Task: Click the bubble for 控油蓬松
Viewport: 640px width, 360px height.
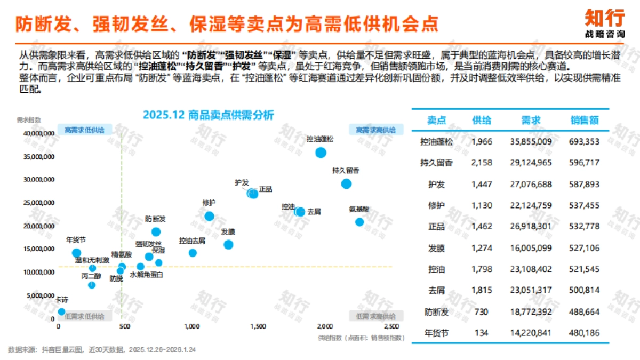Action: pyautogui.click(x=321, y=153)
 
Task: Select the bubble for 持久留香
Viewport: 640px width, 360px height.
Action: pyautogui.click(x=346, y=184)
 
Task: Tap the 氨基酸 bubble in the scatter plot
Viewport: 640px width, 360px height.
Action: pyautogui.click(x=359, y=222)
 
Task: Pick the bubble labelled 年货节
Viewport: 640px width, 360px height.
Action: pyautogui.click(x=76, y=253)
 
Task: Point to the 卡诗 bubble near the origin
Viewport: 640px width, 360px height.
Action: pyautogui.click(x=61, y=311)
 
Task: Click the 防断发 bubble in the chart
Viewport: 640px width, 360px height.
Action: pyautogui.click(x=156, y=231)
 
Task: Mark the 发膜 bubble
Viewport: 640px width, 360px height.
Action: pyautogui.click(x=228, y=245)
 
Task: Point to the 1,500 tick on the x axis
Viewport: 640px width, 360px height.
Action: pyautogui.click(x=258, y=326)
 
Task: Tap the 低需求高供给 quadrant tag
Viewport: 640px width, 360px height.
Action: pyautogui.click(x=376, y=316)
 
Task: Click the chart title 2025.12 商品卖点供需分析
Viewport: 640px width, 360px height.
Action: pyautogui.click(x=208, y=115)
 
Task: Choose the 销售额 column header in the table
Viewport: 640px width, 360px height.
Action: pyautogui.click(x=584, y=121)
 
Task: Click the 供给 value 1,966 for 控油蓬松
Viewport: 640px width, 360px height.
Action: pyautogui.click(x=482, y=142)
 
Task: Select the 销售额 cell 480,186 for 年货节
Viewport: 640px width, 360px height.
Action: pyautogui.click(x=584, y=333)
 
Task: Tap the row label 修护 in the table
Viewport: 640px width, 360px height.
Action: pyautogui.click(x=436, y=205)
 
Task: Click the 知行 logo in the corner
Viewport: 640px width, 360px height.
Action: pyautogui.click(x=604, y=22)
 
